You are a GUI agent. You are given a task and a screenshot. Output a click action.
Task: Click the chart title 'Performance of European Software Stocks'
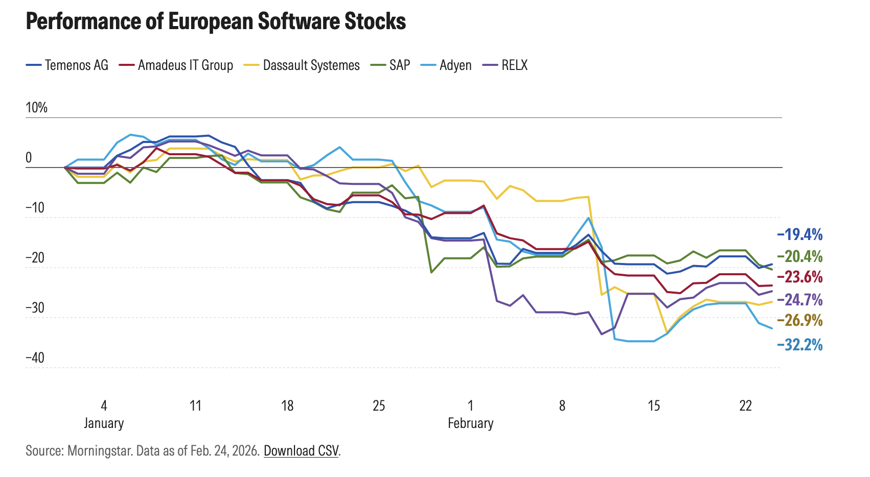pos(216,22)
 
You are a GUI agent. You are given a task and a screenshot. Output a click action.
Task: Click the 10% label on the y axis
pos(36,108)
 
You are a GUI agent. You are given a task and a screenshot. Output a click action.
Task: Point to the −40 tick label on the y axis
pos(35,358)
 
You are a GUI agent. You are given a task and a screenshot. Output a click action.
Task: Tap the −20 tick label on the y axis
pos(35,258)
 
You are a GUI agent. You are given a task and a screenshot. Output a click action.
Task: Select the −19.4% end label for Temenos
pos(800,234)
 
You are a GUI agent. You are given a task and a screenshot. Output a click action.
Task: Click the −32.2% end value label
pos(800,345)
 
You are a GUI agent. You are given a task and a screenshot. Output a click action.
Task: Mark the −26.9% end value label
pos(800,320)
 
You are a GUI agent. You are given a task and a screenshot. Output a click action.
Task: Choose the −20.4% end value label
pos(800,256)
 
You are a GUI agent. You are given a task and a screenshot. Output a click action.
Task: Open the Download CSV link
pos(301,451)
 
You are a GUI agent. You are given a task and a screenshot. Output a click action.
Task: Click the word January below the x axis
pos(104,423)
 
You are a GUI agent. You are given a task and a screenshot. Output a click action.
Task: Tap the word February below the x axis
pos(470,423)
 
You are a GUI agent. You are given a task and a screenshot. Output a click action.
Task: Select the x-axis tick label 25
pos(379,406)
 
